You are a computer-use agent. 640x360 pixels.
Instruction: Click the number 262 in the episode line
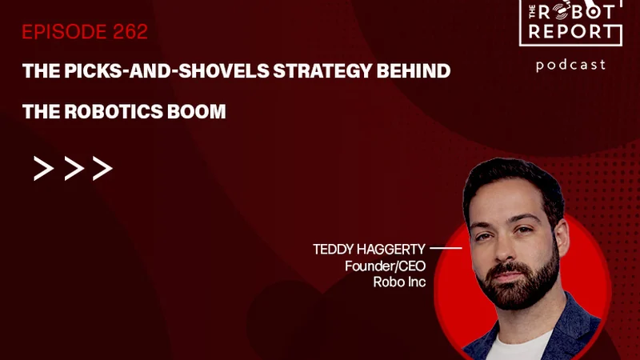click(130, 32)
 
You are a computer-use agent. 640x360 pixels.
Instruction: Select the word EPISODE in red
click(64, 32)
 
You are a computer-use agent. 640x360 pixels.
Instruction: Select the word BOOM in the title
click(197, 111)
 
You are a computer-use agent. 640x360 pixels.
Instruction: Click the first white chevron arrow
click(44, 168)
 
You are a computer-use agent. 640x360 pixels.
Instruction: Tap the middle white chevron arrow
click(74, 168)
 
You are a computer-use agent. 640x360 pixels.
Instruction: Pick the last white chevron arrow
click(102, 168)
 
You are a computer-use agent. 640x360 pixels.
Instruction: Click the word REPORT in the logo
click(571, 32)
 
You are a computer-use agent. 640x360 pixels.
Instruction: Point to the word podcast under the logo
click(570, 66)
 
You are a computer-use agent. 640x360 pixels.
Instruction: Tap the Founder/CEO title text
click(385, 266)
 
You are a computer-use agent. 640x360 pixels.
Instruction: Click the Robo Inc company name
click(399, 282)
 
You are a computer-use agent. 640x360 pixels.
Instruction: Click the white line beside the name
click(446, 248)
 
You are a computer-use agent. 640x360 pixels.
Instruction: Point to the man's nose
click(506, 248)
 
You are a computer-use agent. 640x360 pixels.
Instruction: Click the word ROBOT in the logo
click(576, 12)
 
